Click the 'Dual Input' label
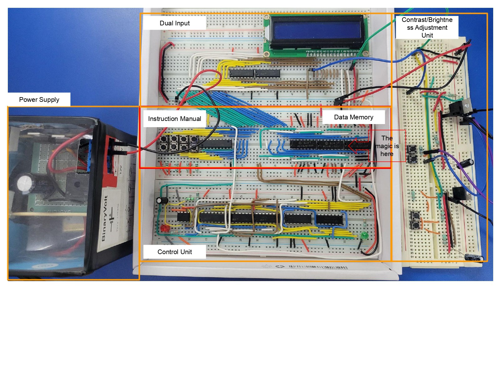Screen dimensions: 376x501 coord(174,23)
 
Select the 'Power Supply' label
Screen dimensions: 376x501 coord(39,100)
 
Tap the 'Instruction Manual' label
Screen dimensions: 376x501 coord(174,119)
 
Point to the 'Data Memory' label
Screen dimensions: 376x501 coord(354,117)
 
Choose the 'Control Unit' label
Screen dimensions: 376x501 coord(174,252)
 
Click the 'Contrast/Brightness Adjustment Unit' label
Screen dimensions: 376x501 coord(427,28)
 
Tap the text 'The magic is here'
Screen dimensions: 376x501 coord(387,146)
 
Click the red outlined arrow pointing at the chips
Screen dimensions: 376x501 coord(359,146)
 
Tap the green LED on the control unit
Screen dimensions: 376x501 coord(364,235)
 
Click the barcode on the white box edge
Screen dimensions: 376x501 coord(318,267)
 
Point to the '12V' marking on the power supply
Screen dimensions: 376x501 coord(120,170)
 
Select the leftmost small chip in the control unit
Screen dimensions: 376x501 coord(183,217)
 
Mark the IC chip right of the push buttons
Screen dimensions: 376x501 coord(216,144)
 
